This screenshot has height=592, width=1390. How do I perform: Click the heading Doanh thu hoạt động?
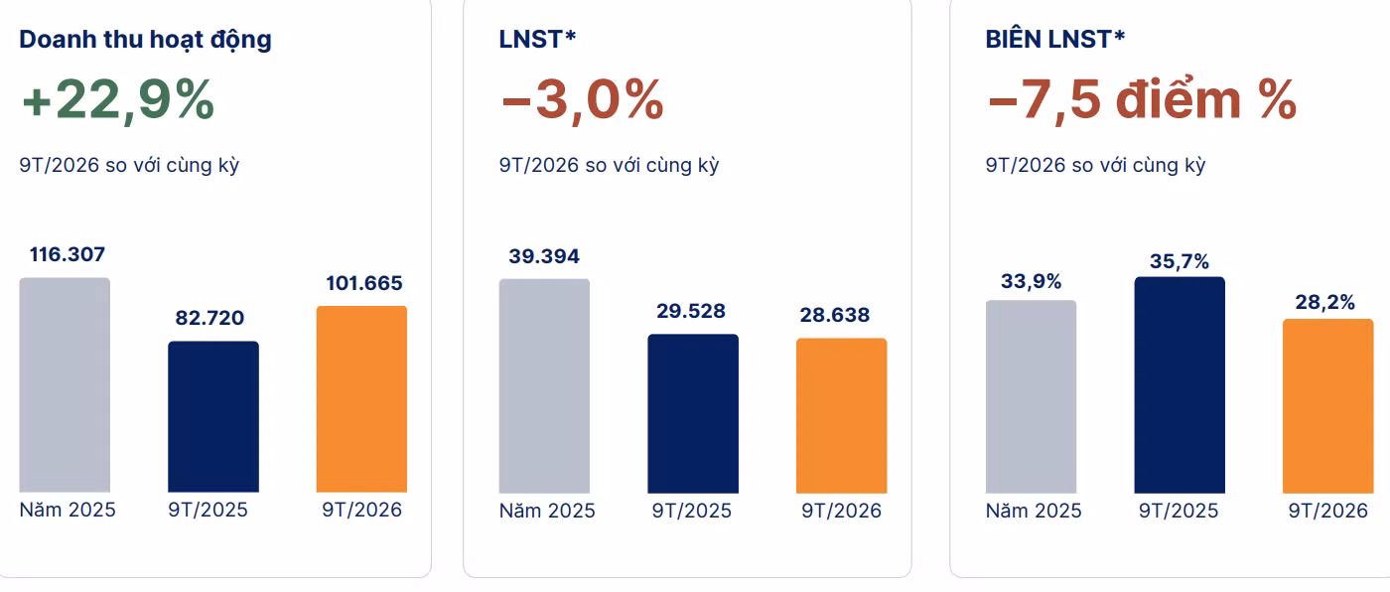point(145,40)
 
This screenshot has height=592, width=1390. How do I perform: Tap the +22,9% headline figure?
point(118,100)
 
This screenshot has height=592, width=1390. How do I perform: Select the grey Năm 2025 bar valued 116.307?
point(65,384)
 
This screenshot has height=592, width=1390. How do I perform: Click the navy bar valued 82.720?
point(213,416)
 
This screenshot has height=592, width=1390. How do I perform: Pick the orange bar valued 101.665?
point(361,399)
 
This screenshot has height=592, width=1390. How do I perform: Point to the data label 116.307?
point(68,254)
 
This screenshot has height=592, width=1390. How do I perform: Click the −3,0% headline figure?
point(582,100)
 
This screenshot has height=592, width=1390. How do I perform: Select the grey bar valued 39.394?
point(544,386)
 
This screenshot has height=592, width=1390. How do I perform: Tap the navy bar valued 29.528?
point(693,414)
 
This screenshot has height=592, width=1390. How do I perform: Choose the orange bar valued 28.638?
point(842,416)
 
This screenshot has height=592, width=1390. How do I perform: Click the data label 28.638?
point(835,315)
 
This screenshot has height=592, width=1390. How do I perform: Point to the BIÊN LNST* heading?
point(1054,39)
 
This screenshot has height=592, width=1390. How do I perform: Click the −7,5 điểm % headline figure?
point(1142,100)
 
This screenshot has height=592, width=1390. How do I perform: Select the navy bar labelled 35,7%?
point(1180,384)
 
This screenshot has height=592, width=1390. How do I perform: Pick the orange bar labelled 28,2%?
point(1328,406)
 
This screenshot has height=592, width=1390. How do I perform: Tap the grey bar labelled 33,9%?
point(1032,396)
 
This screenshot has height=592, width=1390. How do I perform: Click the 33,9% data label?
point(1031,282)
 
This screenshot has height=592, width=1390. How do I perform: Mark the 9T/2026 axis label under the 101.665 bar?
point(361,511)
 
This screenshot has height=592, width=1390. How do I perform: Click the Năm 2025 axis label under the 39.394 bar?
point(547,511)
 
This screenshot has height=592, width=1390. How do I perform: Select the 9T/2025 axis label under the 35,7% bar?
point(1179,511)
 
